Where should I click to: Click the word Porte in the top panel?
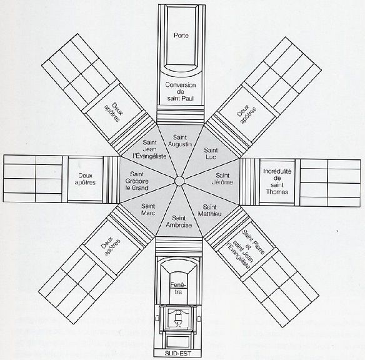tap(181, 36)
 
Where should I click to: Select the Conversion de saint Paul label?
tap(181, 92)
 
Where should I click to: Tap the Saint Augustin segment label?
tap(180, 141)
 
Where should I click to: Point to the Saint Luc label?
tap(211, 153)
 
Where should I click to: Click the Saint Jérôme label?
tap(222, 179)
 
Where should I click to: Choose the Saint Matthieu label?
tap(210, 210)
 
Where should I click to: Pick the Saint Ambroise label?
tap(179, 221)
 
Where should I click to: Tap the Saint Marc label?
tap(148, 209)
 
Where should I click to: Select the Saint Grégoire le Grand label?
tap(137, 181)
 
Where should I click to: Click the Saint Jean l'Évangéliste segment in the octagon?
tap(149, 149)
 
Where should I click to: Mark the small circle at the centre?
tap(179, 181)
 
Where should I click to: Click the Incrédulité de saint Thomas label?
tap(277, 181)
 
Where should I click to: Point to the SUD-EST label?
tap(177, 354)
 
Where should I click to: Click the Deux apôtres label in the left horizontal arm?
tap(85, 179)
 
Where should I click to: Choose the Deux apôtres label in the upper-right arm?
tap(247, 114)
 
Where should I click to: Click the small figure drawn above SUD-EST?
tap(178, 319)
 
